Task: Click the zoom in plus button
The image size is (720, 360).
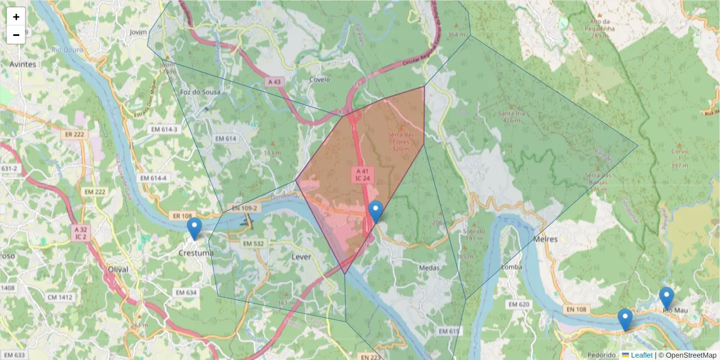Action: click(x=16, y=17)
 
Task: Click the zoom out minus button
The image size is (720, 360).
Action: click(x=16, y=35)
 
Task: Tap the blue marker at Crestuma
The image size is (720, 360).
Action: click(x=194, y=229)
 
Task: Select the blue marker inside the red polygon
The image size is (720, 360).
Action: click(x=376, y=212)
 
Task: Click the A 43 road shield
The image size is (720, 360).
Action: click(x=274, y=82)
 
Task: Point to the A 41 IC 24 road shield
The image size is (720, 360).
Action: click(x=362, y=175)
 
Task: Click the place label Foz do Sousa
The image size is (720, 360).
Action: click(x=200, y=92)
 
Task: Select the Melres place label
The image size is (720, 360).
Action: click(x=545, y=239)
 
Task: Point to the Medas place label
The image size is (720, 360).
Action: click(x=430, y=268)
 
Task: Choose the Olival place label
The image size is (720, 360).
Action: click(x=117, y=269)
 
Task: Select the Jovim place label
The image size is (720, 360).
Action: click(x=138, y=32)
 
